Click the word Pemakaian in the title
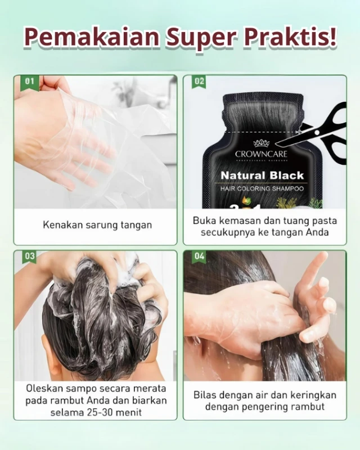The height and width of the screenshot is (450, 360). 92,37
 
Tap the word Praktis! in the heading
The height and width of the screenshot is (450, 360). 290,37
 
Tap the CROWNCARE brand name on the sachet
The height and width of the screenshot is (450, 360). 261,154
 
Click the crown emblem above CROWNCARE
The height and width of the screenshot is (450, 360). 261,143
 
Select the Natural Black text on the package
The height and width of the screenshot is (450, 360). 262,175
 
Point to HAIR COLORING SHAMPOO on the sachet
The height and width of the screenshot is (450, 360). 262,188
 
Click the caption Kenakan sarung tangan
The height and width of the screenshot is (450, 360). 97,225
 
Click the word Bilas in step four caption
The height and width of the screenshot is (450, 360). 204,395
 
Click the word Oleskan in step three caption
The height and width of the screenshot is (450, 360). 44,388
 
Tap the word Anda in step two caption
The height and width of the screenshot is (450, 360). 317,232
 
